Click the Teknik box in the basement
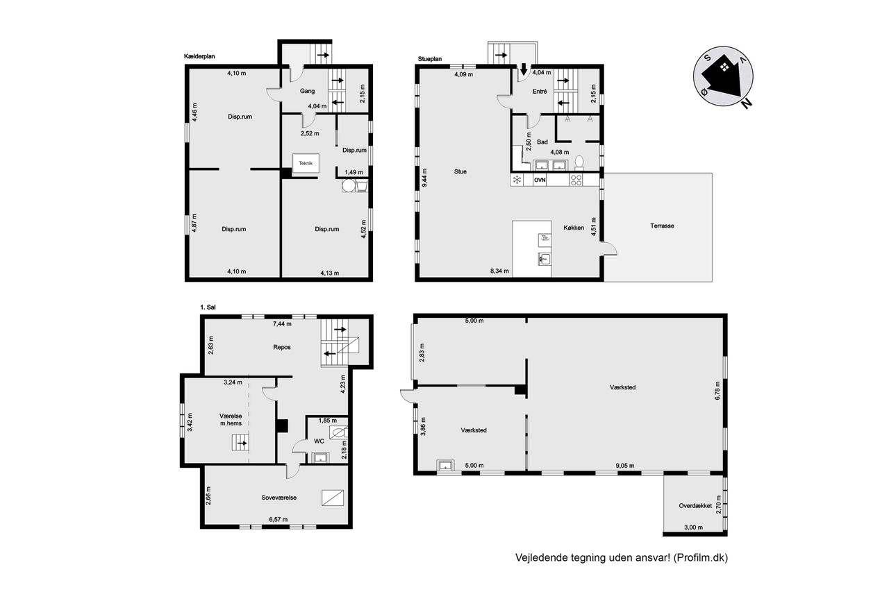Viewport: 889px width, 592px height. click(306, 163)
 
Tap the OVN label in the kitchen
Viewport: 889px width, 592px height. click(540, 180)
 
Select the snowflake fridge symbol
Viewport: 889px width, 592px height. click(517, 180)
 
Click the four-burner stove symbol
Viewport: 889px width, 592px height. click(576, 180)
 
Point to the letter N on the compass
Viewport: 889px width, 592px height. click(746, 103)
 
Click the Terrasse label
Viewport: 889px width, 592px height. click(662, 226)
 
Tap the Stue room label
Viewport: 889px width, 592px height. click(460, 171)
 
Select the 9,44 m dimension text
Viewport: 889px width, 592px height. click(424, 178)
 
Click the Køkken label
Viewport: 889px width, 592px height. click(574, 228)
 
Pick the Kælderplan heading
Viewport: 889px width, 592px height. click(199, 56)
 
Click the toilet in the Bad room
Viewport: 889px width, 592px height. click(579, 162)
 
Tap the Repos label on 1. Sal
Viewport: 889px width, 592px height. click(282, 347)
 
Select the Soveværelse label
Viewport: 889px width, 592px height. click(279, 498)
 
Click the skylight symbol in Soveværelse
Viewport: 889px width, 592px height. click(333, 498)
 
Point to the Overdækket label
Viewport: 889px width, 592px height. click(695, 505)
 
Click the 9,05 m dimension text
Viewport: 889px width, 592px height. click(625, 466)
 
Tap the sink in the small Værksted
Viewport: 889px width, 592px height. click(445, 465)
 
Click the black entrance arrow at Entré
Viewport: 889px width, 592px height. click(524, 69)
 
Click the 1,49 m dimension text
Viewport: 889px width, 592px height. click(354, 172)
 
